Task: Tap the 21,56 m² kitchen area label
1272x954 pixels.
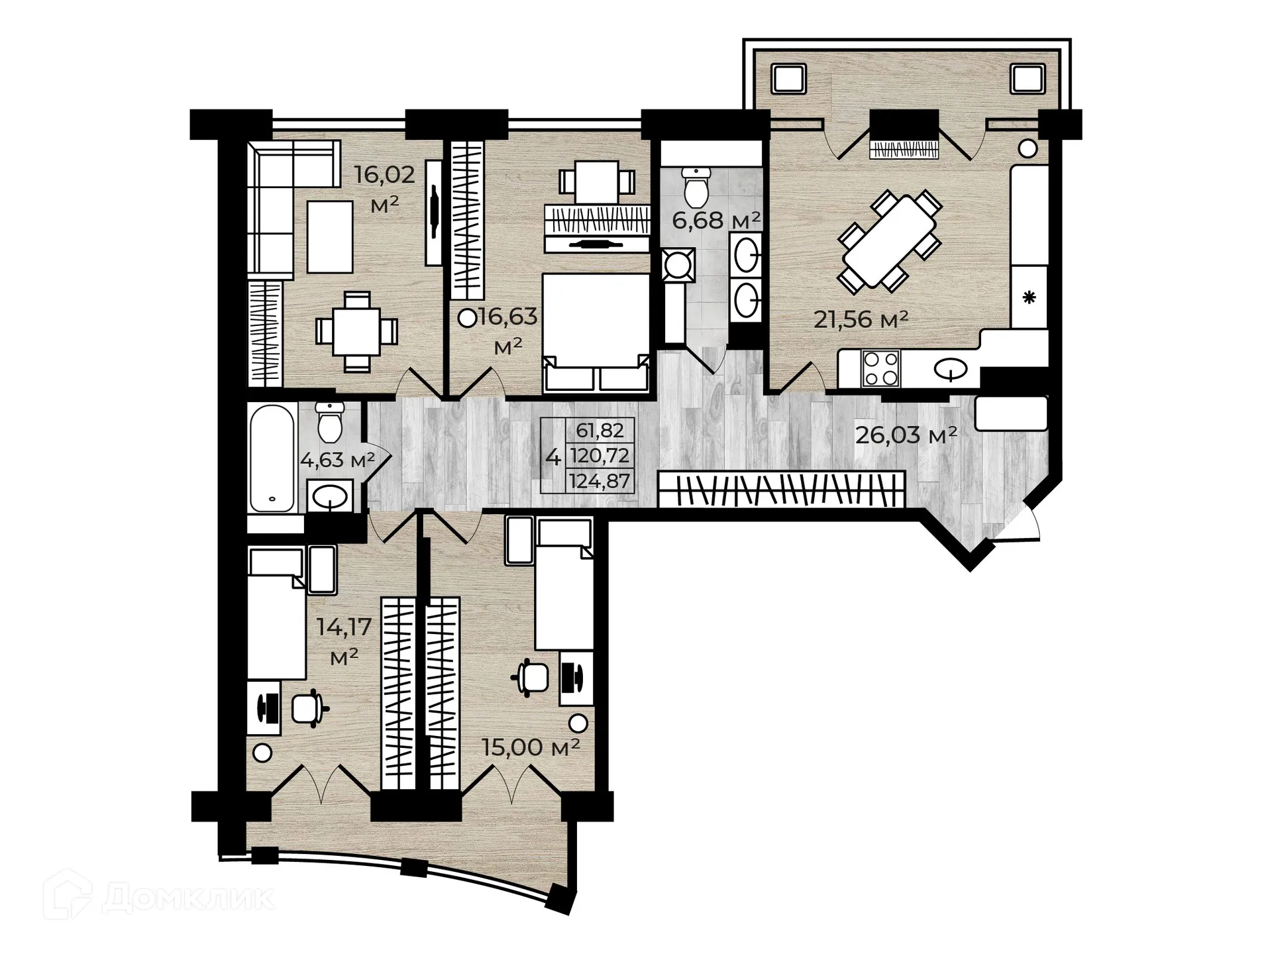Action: (x=861, y=319)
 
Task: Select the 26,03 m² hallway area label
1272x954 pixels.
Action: (x=906, y=435)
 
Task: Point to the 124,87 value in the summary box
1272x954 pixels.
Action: (x=599, y=481)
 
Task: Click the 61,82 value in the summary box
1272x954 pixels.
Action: (x=600, y=431)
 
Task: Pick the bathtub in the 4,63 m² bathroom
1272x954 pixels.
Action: (x=272, y=458)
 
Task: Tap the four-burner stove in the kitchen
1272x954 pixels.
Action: (x=880, y=368)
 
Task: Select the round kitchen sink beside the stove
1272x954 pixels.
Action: (x=951, y=368)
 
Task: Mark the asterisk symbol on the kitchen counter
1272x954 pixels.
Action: (x=1029, y=297)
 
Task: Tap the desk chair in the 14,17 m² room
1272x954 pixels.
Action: (x=307, y=708)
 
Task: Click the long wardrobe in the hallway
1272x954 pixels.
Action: (x=782, y=489)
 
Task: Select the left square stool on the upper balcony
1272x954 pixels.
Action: (x=788, y=79)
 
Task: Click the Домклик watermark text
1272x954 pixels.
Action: (x=188, y=898)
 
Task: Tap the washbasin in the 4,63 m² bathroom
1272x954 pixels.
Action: (x=330, y=496)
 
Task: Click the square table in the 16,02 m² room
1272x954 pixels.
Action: (x=356, y=331)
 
